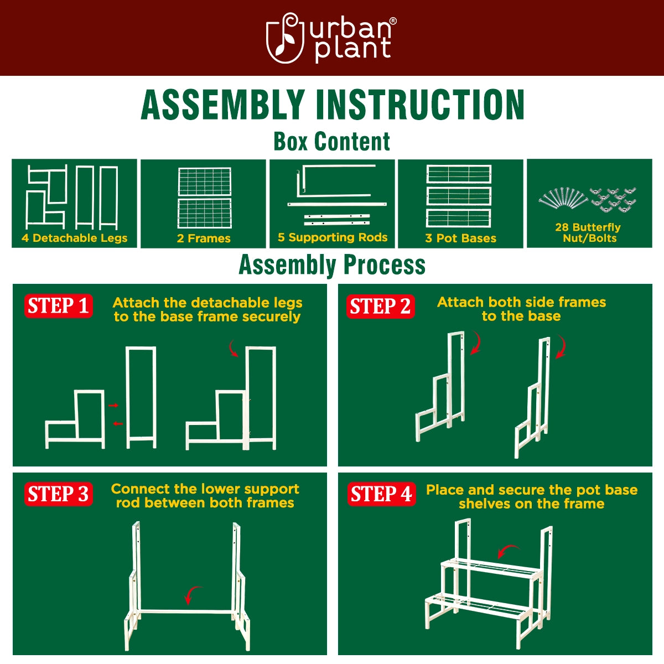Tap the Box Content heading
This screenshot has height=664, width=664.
(331, 142)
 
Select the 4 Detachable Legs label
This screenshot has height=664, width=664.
(74, 238)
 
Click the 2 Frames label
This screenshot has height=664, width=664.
(204, 238)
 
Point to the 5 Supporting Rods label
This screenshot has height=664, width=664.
(333, 237)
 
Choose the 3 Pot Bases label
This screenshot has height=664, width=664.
(460, 238)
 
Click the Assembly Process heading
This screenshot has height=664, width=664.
(332, 264)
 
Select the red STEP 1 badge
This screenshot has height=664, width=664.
(58, 306)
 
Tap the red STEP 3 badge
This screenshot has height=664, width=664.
(58, 494)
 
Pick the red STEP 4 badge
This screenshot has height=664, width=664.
(381, 494)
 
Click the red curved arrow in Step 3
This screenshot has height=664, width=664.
(192, 595)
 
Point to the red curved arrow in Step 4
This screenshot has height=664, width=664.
(507, 551)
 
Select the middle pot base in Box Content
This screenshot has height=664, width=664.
(459, 196)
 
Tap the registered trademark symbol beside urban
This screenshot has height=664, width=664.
(393, 21)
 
